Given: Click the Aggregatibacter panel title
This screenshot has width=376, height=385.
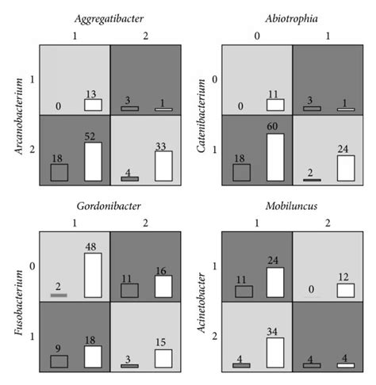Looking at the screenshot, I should (x=110, y=17).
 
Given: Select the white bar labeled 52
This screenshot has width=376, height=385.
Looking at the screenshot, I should (x=93, y=162).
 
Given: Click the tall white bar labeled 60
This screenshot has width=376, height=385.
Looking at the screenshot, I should (x=275, y=157).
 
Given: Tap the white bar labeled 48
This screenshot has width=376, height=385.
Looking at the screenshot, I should (x=93, y=275).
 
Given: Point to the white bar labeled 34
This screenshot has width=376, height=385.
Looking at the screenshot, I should (x=275, y=353).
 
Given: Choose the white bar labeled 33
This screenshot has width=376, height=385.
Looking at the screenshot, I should (x=163, y=166).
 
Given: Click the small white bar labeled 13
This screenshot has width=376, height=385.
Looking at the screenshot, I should (x=93, y=105).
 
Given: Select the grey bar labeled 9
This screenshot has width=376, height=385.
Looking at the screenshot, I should (x=59, y=361).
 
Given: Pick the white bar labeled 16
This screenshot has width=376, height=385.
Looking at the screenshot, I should (x=163, y=286).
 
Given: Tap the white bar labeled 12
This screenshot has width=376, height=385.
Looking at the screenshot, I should (x=345, y=291).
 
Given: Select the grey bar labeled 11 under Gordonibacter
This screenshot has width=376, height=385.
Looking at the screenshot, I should (x=129, y=290).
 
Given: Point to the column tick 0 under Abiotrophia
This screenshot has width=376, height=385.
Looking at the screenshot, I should (x=256, y=35).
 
